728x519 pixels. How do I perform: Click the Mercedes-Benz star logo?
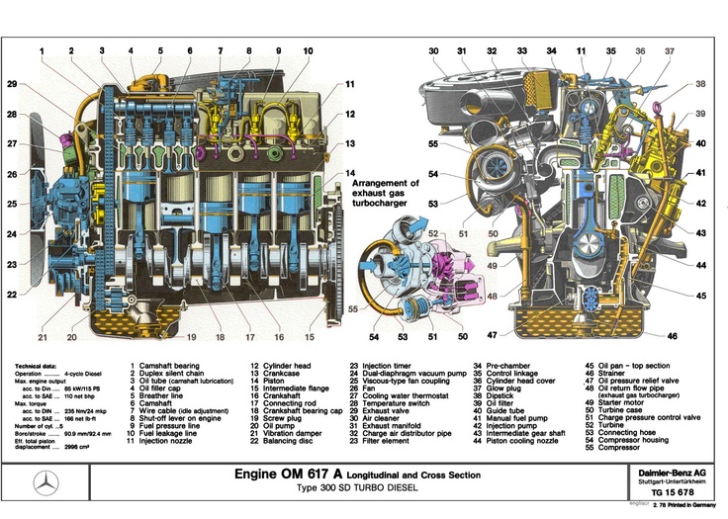(44, 484)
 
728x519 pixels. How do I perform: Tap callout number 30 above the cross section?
(433, 49)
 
